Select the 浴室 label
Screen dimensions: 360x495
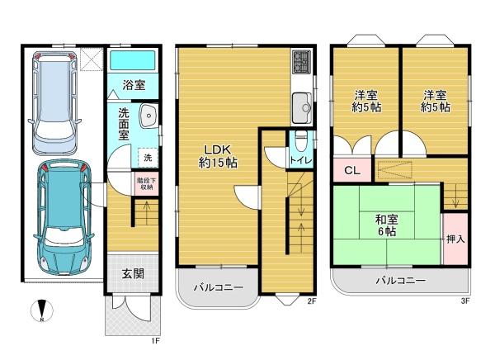(x=134, y=85)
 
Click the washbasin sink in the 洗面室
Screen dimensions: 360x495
(x=148, y=116)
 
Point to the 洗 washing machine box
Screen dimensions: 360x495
(x=146, y=157)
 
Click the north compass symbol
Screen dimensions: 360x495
(x=42, y=313)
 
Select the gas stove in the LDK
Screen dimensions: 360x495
(x=299, y=62)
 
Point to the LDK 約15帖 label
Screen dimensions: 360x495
(x=218, y=156)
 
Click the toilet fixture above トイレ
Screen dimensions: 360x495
(x=301, y=139)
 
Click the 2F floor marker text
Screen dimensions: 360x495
(x=312, y=301)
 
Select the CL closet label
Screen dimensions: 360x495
(x=351, y=171)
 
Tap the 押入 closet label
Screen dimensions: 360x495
(x=455, y=239)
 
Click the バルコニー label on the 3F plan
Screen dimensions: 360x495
(x=401, y=281)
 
